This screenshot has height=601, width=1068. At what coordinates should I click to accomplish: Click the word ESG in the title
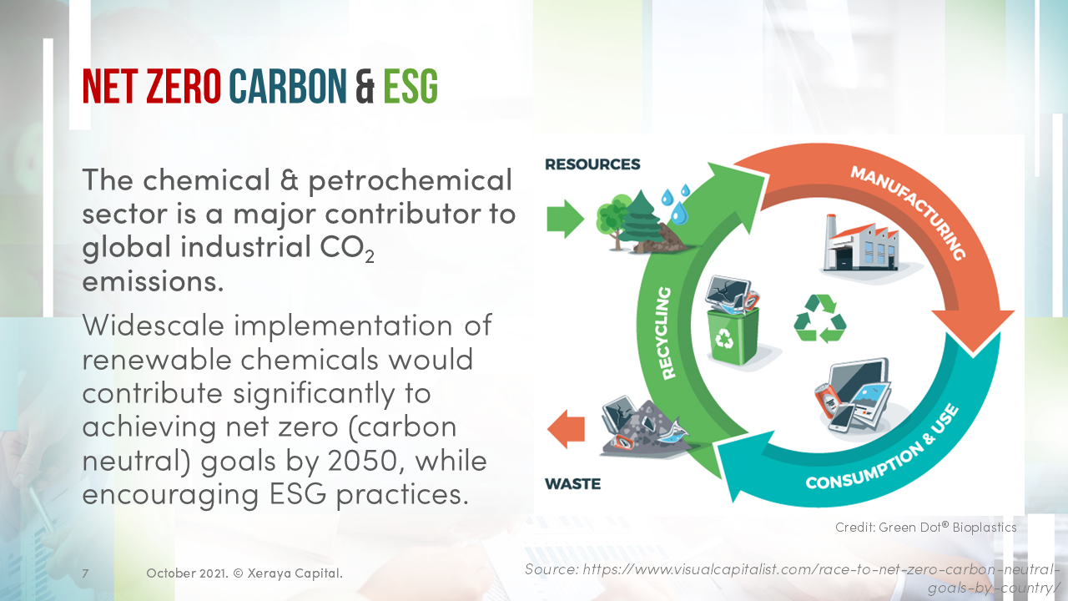tap(411, 86)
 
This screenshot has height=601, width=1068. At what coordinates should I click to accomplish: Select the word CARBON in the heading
tap(287, 86)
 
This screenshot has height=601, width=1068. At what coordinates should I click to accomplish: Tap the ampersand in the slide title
tap(365, 86)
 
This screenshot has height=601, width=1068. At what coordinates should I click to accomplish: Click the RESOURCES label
tap(592, 164)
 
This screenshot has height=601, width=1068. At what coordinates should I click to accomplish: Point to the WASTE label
tap(572, 483)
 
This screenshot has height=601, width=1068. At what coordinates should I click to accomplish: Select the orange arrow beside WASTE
tap(566, 431)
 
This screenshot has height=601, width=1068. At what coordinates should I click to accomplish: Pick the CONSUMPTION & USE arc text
tap(882, 451)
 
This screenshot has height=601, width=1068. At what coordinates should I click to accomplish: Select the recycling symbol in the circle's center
tap(819, 317)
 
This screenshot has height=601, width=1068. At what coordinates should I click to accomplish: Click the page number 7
tap(85, 573)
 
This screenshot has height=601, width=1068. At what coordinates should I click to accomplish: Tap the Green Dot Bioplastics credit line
tap(925, 528)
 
